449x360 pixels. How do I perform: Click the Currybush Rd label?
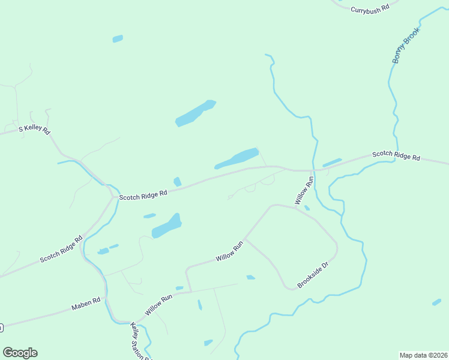tap(370, 9)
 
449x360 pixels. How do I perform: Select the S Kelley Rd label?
tap(34, 129)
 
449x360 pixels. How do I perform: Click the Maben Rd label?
tap(85, 305)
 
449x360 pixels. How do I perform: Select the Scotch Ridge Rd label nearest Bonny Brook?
tap(396, 155)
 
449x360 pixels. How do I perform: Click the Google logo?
tap(20, 353)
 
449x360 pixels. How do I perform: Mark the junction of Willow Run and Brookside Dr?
tap(246, 239)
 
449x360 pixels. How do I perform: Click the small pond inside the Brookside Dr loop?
tap(250, 277)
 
